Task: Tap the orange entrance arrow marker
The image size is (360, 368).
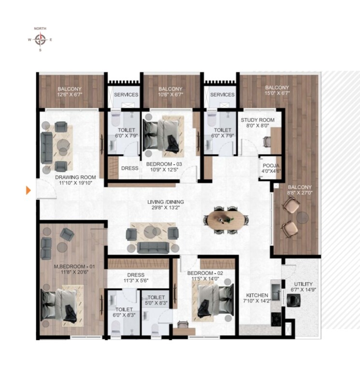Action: click(28, 191)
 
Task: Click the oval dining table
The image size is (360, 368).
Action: click(227, 219)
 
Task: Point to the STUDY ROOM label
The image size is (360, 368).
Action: click(258, 120)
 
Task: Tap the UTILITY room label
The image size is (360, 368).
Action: click(303, 284)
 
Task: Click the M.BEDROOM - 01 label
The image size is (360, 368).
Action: click(72, 266)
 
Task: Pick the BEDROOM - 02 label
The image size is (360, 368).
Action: click(205, 273)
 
